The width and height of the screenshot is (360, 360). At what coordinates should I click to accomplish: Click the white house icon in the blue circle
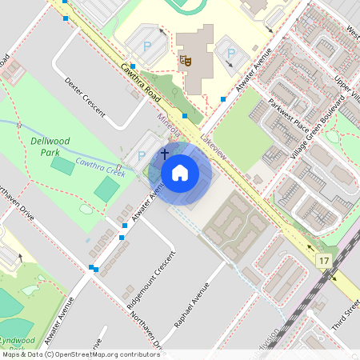[180, 173]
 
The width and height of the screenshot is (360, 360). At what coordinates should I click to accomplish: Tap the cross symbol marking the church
[165, 153]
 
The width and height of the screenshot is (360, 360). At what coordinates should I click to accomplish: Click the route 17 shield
[323, 262]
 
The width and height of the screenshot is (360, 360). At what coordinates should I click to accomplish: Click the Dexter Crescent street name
[85, 96]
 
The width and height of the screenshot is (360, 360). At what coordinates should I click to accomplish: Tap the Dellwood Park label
[50, 146]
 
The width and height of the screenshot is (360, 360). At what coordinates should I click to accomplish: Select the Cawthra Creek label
[100, 166]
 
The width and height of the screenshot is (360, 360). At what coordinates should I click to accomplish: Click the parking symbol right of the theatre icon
[230, 54]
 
